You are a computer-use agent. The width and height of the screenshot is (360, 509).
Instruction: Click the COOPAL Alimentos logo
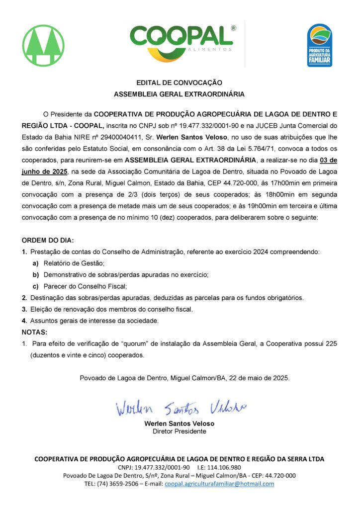tap(181, 44)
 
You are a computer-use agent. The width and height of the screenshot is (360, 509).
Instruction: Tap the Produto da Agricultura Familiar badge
tap(319, 45)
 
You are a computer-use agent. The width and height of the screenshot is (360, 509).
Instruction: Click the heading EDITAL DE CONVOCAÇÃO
tap(180, 83)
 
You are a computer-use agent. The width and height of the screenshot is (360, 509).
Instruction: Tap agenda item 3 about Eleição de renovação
tap(110, 309)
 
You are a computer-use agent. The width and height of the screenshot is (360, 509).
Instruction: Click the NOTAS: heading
tap(34, 332)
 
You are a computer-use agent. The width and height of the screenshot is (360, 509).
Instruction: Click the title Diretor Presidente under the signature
tap(179, 431)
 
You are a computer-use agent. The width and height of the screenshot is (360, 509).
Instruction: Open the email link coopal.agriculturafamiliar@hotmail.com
tap(219, 484)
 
